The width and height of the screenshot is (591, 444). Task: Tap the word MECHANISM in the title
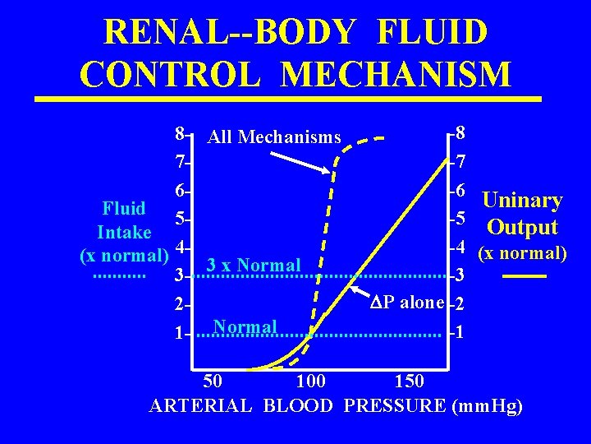tap(395, 73)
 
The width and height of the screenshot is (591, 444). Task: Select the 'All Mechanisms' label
tap(274, 137)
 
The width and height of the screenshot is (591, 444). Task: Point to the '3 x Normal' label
tap(254, 266)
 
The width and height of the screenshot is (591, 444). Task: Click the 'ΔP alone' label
tap(408, 302)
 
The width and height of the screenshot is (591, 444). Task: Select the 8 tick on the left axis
tap(180, 132)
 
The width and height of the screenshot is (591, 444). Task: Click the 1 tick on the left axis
tap(180, 335)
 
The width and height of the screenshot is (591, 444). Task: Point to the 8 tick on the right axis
tap(460, 132)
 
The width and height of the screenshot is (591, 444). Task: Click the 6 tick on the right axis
tap(460, 189)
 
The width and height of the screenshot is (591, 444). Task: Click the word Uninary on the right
tap(522, 201)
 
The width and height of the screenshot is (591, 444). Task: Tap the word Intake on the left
tap(124, 232)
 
